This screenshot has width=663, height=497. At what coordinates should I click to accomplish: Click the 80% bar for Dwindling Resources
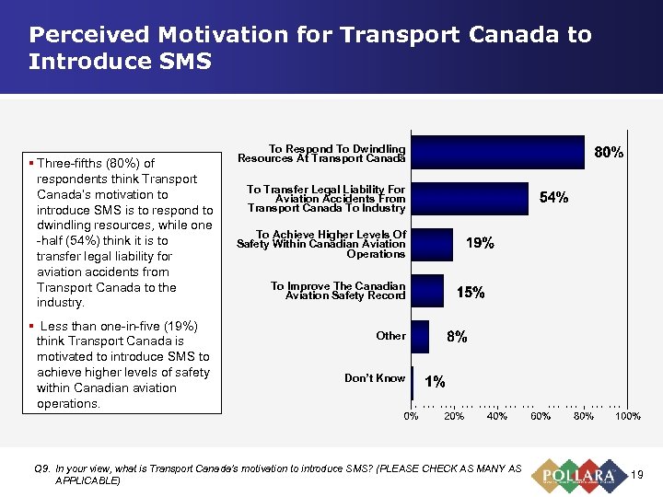coord(497,153)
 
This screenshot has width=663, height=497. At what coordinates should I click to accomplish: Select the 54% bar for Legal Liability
coord(470,198)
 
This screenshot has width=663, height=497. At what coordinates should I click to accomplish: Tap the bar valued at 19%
coord(432,244)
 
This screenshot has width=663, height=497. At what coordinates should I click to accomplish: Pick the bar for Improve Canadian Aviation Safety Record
coord(427,291)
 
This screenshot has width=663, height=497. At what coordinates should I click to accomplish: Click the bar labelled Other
coord(420,336)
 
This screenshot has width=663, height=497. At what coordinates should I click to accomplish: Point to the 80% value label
coord(609,153)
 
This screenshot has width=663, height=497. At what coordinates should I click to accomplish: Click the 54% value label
coord(553,198)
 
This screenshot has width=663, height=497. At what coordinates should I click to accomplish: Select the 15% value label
coord(471,292)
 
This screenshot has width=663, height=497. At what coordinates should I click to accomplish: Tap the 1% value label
coord(435,381)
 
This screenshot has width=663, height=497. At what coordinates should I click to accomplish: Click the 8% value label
coord(457,337)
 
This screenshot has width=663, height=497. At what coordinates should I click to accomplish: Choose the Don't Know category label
coord(375,378)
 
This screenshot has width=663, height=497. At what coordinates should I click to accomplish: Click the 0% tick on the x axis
coord(412,417)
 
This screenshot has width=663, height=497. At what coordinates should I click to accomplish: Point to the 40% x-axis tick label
coord(497,417)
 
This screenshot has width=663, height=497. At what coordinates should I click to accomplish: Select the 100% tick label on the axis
coord(627,417)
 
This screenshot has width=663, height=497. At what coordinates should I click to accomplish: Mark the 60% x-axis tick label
coord(541,417)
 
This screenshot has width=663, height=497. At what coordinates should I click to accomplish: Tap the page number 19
coord(637,474)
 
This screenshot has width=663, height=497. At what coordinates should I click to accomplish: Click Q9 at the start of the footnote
coord(41,469)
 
